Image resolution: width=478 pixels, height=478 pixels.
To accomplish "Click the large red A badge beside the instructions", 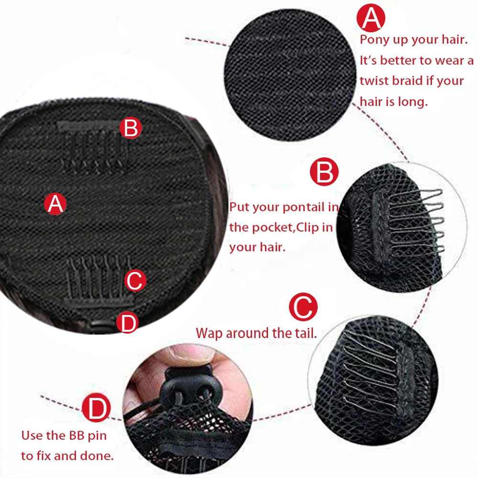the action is coord(371,17).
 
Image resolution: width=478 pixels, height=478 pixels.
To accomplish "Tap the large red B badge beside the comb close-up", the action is coord(324,172).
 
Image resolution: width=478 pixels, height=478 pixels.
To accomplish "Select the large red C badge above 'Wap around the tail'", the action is coord(303,307).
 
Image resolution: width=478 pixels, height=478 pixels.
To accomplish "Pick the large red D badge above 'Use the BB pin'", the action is coord(96,408).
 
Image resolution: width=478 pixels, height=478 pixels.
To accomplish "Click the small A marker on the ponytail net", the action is coord(55,204).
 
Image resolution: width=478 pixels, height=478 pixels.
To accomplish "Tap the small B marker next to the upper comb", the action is coord(131,128).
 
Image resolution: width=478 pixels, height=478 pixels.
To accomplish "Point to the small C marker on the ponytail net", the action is coord(135,281).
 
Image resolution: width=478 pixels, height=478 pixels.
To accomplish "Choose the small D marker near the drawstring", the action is coord(128,323).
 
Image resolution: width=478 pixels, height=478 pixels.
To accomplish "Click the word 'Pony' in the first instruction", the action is coord(374,40).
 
